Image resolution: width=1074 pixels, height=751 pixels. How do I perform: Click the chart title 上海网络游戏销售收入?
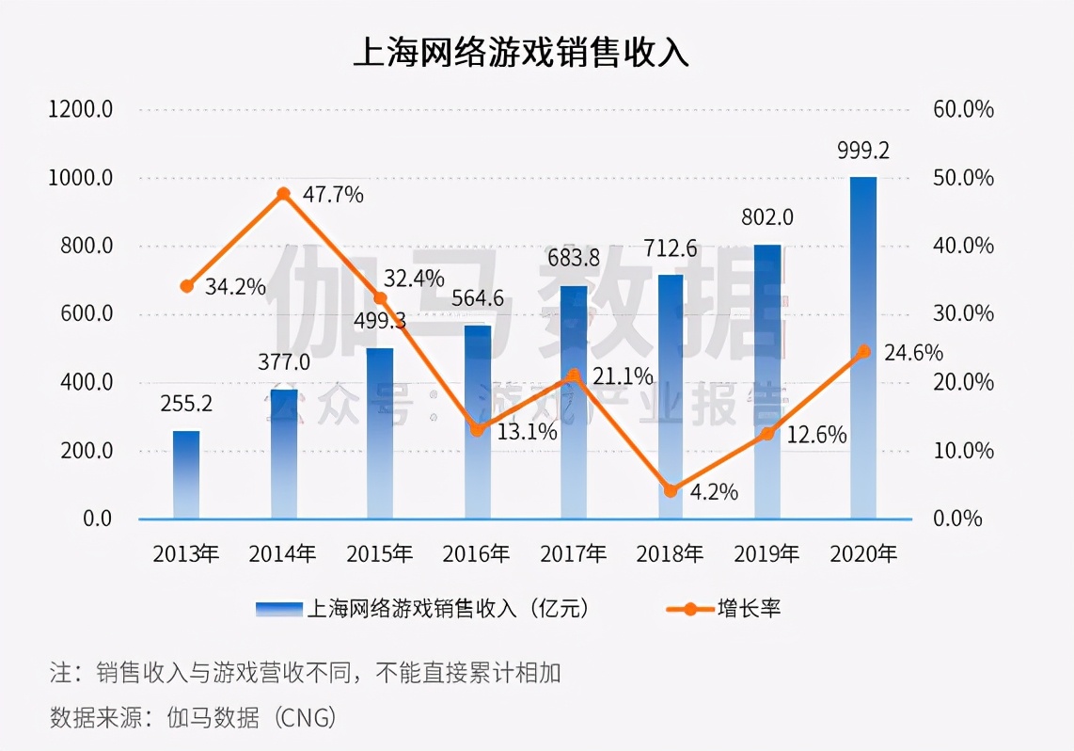pos(521,53)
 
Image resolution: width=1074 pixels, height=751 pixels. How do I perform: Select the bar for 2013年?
pos(186,474)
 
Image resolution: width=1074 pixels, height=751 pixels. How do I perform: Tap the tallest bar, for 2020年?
pos(863,348)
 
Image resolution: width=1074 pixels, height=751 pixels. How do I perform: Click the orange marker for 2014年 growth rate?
pos(283,194)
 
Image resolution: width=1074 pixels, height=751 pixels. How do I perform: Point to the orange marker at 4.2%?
pos(671,490)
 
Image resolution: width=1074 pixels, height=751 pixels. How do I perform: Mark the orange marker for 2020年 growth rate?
pos(863,351)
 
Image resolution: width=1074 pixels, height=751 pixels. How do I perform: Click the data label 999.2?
pos(863,151)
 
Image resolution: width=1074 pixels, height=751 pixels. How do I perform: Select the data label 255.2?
pos(186,404)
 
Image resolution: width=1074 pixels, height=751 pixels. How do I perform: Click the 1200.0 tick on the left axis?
pos(81,109)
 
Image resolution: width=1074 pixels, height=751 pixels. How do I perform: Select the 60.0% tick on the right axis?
pos(963,109)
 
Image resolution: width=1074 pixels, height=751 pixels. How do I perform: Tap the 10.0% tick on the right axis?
pos(963,451)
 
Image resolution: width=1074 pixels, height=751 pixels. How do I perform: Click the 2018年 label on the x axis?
pos(670,553)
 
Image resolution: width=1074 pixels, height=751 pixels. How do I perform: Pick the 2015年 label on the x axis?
pos(380,553)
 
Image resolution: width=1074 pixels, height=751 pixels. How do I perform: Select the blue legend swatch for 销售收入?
pos(279,610)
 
